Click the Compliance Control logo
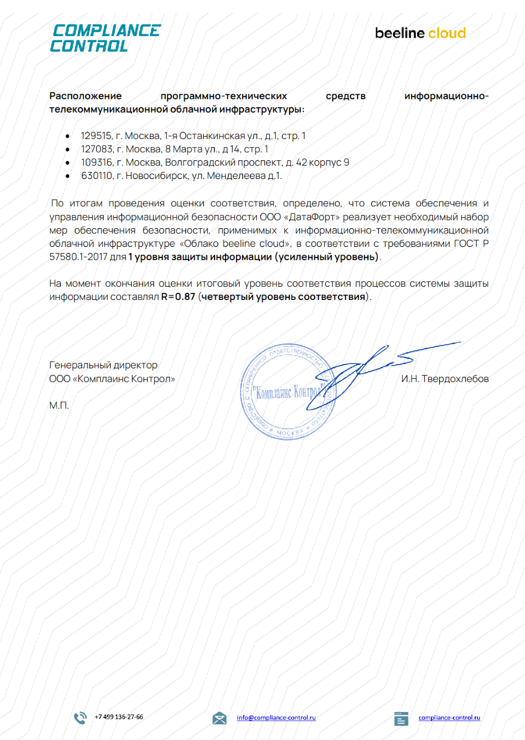click(x=105, y=38)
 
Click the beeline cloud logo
click(x=420, y=33)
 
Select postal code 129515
click(x=96, y=136)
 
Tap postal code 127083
click(x=96, y=149)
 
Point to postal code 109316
click(x=96, y=163)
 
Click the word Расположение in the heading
click(x=85, y=96)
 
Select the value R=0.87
click(x=178, y=297)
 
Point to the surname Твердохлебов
click(x=455, y=379)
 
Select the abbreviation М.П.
click(x=59, y=406)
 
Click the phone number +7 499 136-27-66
click(x=119, y=717)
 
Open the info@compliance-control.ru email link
click(x=276, y=718)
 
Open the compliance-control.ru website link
click(x=449, y=718)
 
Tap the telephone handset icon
click(x=80, y=718)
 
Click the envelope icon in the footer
click(x=219, y=718)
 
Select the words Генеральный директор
click(x=103, y=365)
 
